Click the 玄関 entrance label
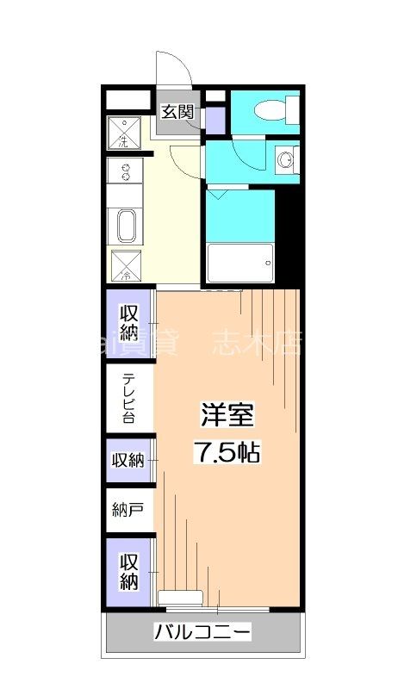(x=179, y=111)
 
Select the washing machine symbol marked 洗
(x=124, y=132)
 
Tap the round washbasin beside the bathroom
(x=284, y=159)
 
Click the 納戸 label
(x=127, y=510)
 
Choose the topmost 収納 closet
(x=129, y=321)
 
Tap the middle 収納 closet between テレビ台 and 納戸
(x=128, y=460)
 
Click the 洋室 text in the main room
(x=228, y=415)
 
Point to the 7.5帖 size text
(x=227, y=451)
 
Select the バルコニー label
(x=203, y=633)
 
